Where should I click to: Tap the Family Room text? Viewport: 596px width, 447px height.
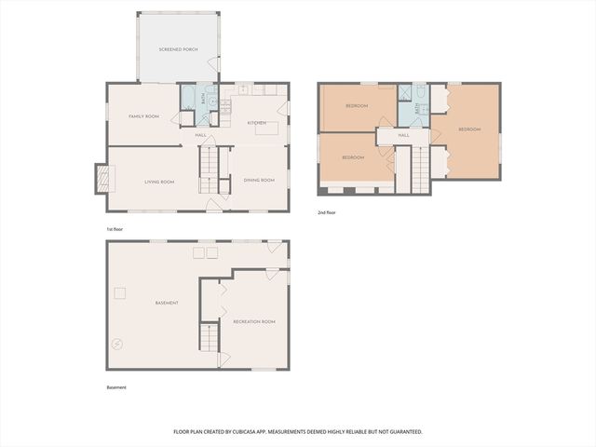(144, 116)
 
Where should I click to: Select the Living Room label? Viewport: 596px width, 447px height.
(159, 182)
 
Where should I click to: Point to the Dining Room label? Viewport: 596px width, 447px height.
(259, 180)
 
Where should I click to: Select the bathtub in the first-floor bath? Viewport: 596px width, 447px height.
(189, 97)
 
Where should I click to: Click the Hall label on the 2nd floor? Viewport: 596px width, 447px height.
(404, 135)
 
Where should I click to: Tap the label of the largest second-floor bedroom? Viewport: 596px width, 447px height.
(469, 129)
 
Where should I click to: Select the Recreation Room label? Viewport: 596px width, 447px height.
(254, 321)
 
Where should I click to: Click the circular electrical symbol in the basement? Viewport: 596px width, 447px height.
(116, 343)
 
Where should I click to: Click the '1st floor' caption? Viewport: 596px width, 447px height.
(115, 228)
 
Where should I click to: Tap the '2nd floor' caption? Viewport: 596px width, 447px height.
(326, 212)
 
